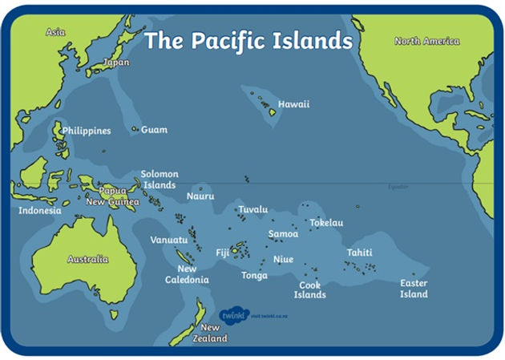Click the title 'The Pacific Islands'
248,40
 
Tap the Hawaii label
293,104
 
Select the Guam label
154,129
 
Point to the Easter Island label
414,289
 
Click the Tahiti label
359,253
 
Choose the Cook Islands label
309,289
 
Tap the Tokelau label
326,222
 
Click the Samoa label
283,234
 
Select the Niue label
284,259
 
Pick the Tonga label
254,275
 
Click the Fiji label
222,253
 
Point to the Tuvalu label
252,209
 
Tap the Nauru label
200,196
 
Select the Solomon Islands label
160,180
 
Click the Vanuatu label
168,240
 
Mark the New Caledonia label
187,274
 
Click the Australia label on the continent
88,259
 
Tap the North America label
426,41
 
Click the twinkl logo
234,314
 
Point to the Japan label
116,62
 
